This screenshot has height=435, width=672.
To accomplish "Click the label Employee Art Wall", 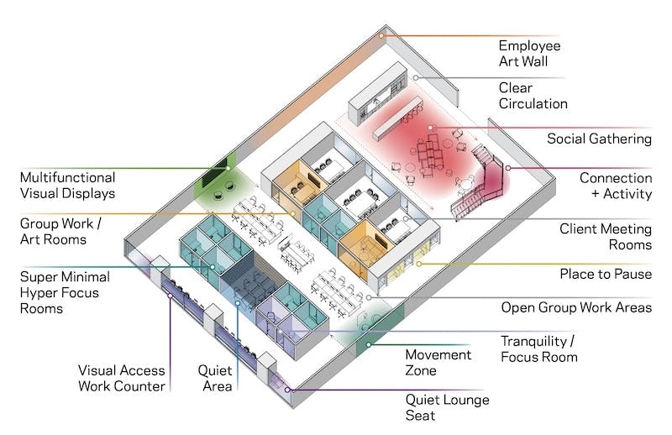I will (529, 53).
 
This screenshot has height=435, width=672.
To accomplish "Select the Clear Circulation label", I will (533, 96).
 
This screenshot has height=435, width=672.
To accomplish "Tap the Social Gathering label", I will (599, 139).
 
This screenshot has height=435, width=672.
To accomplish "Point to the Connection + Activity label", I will (615, 186).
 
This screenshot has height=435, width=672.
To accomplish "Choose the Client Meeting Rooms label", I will (606, 236).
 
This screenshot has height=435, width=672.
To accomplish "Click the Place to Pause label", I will (606, 275).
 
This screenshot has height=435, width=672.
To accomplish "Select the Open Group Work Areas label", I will (576, 307).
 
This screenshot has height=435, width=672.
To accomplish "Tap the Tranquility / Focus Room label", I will (538, 349).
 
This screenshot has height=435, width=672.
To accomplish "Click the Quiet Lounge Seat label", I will (447, 407).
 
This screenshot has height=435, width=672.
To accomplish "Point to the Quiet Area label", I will (214, 377).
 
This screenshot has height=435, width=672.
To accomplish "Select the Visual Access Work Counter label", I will (121, 378).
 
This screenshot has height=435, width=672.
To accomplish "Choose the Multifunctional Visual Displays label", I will (68, 186).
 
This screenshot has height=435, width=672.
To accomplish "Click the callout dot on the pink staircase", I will (507, 168).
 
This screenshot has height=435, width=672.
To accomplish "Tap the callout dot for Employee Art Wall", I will (381, 35).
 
